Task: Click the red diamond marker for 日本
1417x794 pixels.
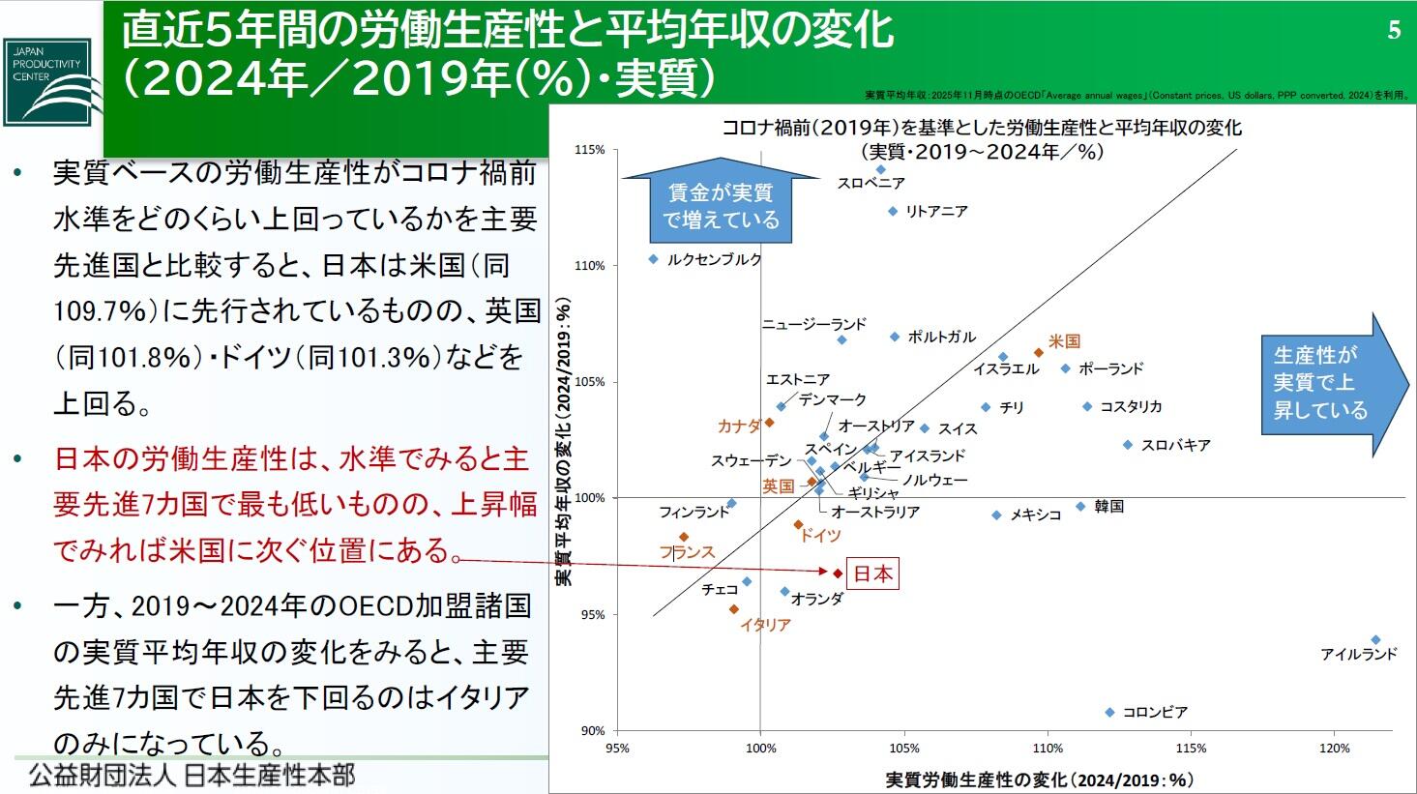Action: (x=838, y=573)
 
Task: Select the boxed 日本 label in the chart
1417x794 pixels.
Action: (x=872, y=573)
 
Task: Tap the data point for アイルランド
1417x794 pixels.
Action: (x=1375, y=640)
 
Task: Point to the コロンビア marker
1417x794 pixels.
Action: (x=1109, y=713)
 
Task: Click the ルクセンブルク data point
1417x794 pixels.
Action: (x=653, y=259)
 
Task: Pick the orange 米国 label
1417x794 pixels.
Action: (x=1064, y=341)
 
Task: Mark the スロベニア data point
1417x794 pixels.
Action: (x=881, y=169)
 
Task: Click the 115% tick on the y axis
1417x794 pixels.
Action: (x=589, y=150)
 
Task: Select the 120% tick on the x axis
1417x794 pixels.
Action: (x=1334, y=749)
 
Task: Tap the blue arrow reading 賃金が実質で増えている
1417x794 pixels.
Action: (x=721, y=206)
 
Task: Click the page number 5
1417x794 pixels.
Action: (x=1394, y=31)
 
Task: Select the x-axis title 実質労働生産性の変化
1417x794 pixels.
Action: (x=1039, y=779)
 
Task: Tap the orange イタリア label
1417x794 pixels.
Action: (x=765, y=626)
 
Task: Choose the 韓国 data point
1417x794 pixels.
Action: (x=1080, y=507)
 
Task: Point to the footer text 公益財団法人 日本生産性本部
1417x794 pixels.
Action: (x=192, y=776)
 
